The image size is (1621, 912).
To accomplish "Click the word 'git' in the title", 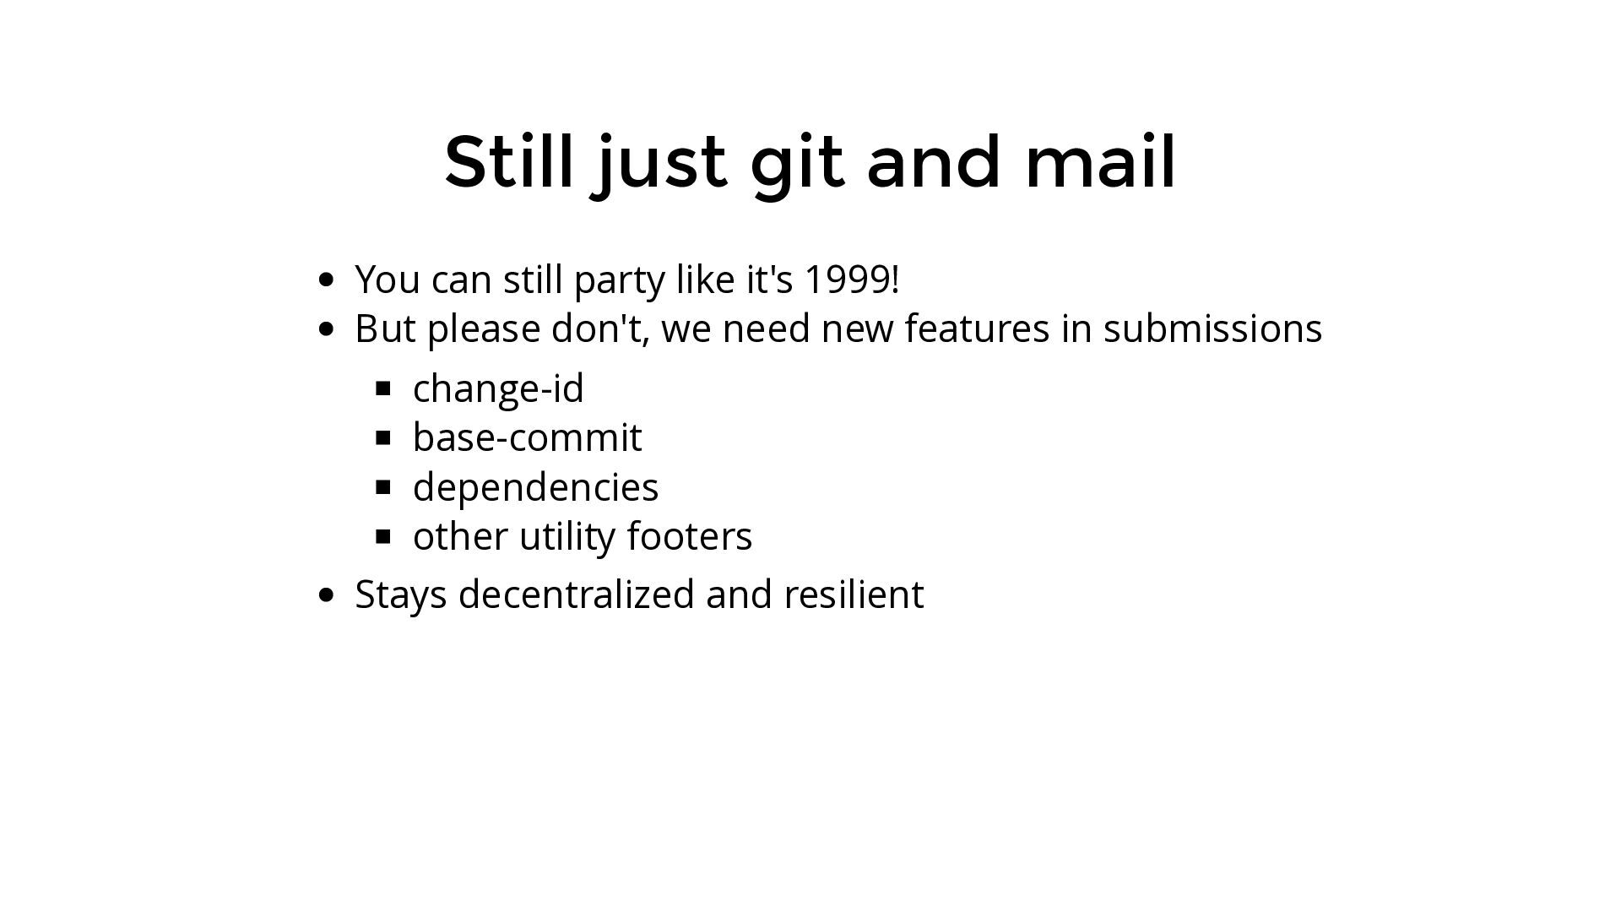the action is coord(797,166).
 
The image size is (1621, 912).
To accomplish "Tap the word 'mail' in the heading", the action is coord(1100,160).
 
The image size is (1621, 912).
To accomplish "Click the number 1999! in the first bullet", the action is coord(851,280).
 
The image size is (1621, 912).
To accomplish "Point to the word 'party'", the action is coord(620,282).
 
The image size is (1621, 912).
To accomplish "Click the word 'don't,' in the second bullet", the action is coord(600,329).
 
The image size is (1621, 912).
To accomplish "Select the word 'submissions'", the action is coord(1212,328).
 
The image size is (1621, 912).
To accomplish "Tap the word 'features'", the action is coord(977,328).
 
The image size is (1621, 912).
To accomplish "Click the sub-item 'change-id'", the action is coord(498,388).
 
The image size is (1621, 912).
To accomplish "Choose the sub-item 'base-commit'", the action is coord(528,437).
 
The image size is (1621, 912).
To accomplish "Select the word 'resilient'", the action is coord(854,594).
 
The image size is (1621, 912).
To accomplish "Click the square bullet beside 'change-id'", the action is coord(383,388).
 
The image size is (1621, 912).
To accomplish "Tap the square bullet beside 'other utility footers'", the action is coord(383,536).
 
